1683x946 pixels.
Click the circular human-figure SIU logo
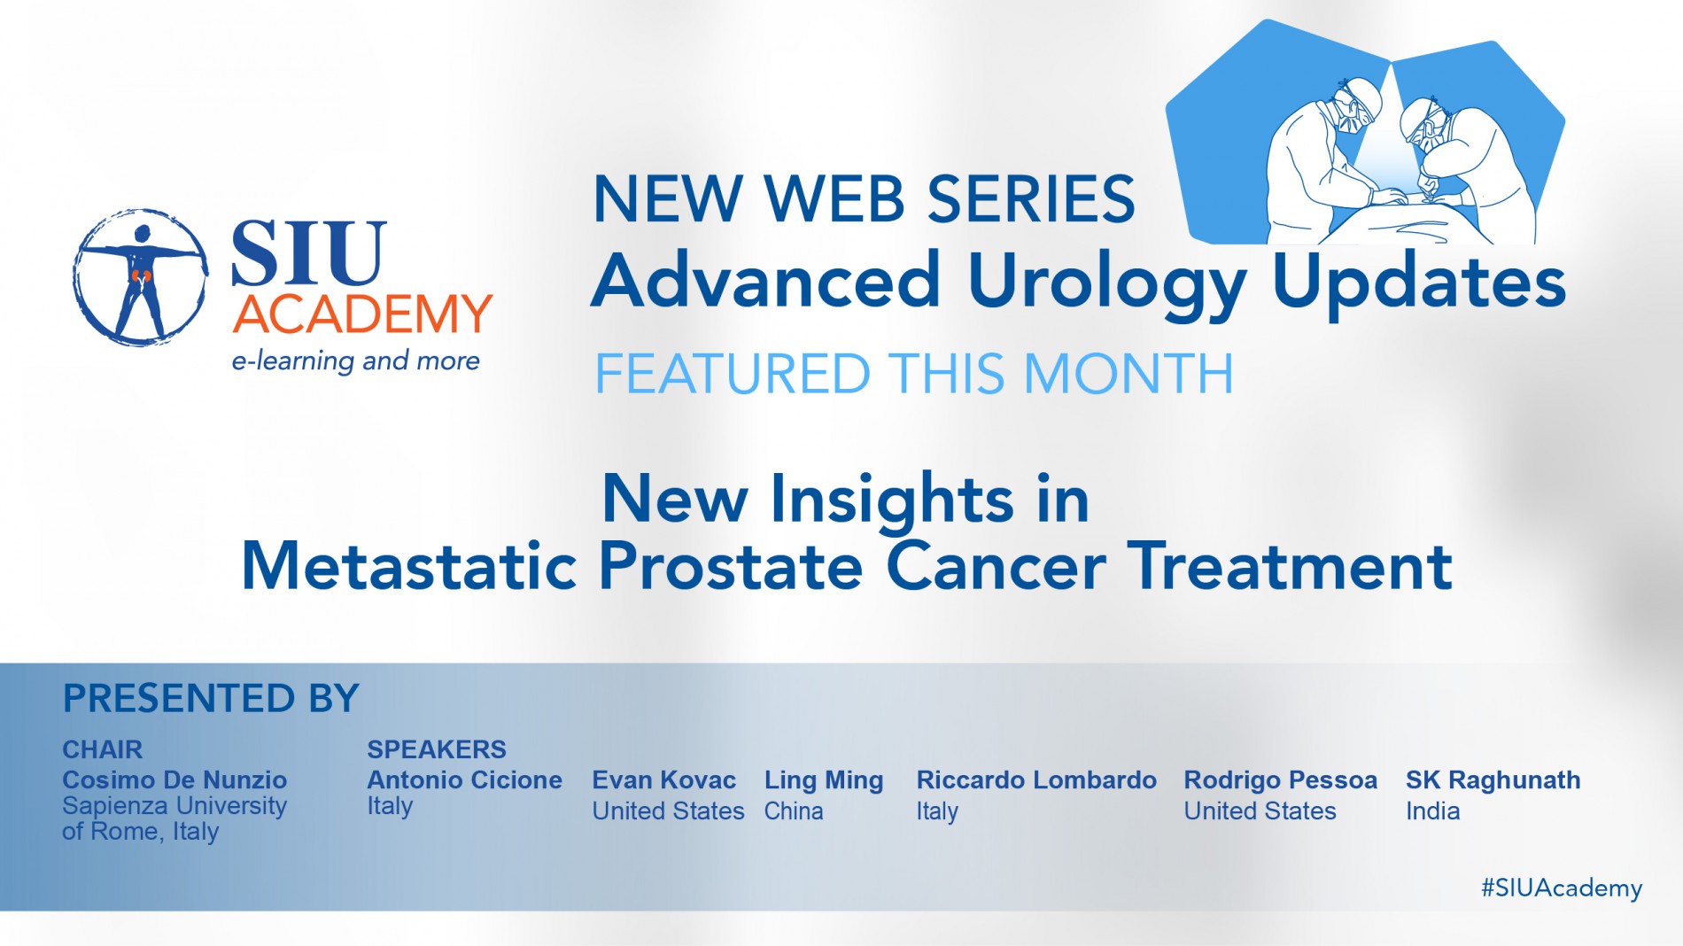point(140,277)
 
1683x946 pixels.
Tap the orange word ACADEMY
point(362,314)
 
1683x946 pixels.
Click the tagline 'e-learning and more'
point(355,361)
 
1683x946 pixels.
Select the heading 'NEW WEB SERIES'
point(864,198)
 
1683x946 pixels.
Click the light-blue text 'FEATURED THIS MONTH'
point(914,373)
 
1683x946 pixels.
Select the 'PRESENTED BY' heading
point(211,698)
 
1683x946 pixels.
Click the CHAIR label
point(102,749)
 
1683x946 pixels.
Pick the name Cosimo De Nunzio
point(175,779)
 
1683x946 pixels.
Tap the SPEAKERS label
point(437,749)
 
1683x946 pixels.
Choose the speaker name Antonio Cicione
point(465,779)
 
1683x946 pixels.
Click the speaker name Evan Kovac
point(663,779)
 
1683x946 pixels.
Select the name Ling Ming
point(824,780)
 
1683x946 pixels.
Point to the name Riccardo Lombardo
point(1036,779)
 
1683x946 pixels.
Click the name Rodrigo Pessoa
point(1281,780)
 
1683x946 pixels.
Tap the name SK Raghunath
point(1493,780)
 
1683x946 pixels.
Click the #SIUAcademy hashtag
point(1562,888)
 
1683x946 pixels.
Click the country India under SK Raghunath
point(1433,810)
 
